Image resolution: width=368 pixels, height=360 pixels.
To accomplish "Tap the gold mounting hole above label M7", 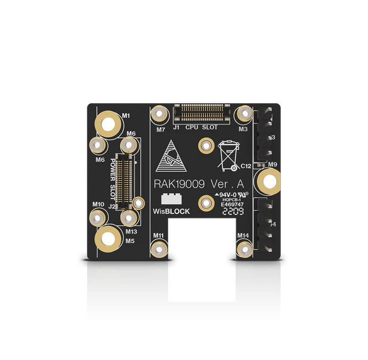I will pos(160,115).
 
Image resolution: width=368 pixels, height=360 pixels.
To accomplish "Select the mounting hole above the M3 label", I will pos(243,115).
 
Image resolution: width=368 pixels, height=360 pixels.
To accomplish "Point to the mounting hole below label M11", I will pos(159,249).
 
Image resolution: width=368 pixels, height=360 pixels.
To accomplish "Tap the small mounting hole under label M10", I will pos(98,218).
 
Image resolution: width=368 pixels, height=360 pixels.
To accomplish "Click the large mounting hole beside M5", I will pos(108,238).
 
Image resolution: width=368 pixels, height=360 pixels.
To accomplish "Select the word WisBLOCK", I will pos(171,211).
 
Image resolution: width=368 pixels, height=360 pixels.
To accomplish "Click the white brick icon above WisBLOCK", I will pos(171,200).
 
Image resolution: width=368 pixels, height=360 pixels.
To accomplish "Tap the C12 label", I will pos(246,165).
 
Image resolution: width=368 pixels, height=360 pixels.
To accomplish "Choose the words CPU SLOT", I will pos(202,127).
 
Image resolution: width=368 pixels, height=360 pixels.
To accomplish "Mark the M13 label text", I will pos(131,232).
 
